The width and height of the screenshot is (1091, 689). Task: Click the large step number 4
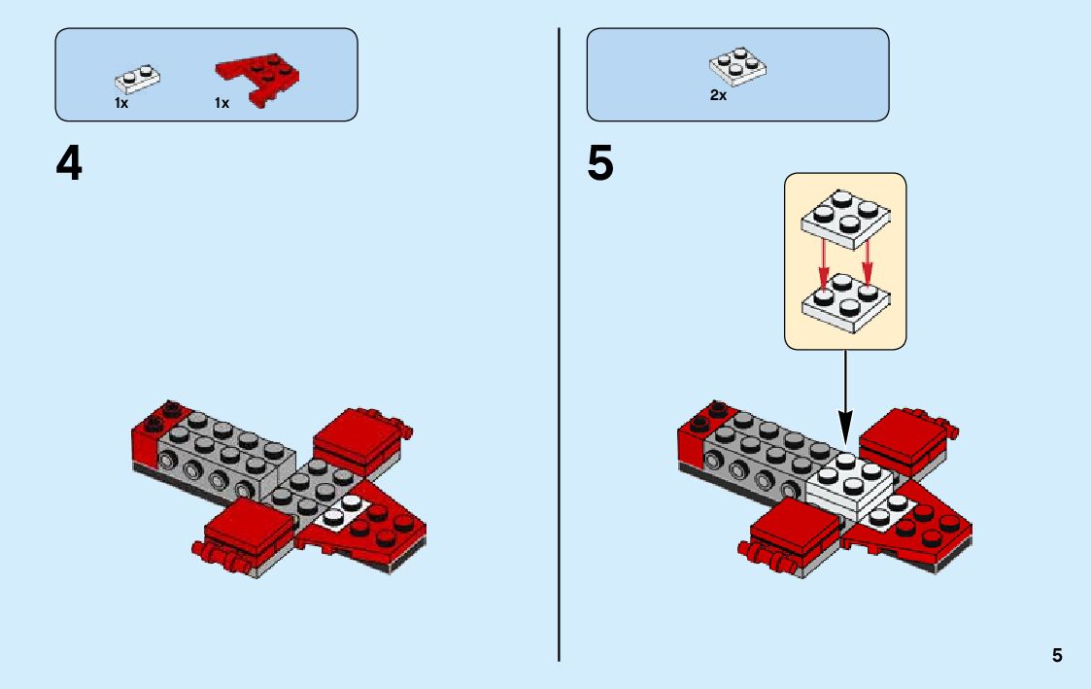coord(69,164)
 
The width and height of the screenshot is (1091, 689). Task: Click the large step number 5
coord(600,164)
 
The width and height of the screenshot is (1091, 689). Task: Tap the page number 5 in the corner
coord(1057,656)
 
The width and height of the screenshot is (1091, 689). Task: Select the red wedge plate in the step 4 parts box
coord(257,78)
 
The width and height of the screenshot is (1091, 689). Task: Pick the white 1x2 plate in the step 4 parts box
coord(137,77)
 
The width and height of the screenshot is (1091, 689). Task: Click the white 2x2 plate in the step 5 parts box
coord(738,65)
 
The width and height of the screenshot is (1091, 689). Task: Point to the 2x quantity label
coord(718,96)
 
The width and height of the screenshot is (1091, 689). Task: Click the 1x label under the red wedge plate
coord(222,103)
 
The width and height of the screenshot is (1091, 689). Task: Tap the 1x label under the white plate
coord(121,103)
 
